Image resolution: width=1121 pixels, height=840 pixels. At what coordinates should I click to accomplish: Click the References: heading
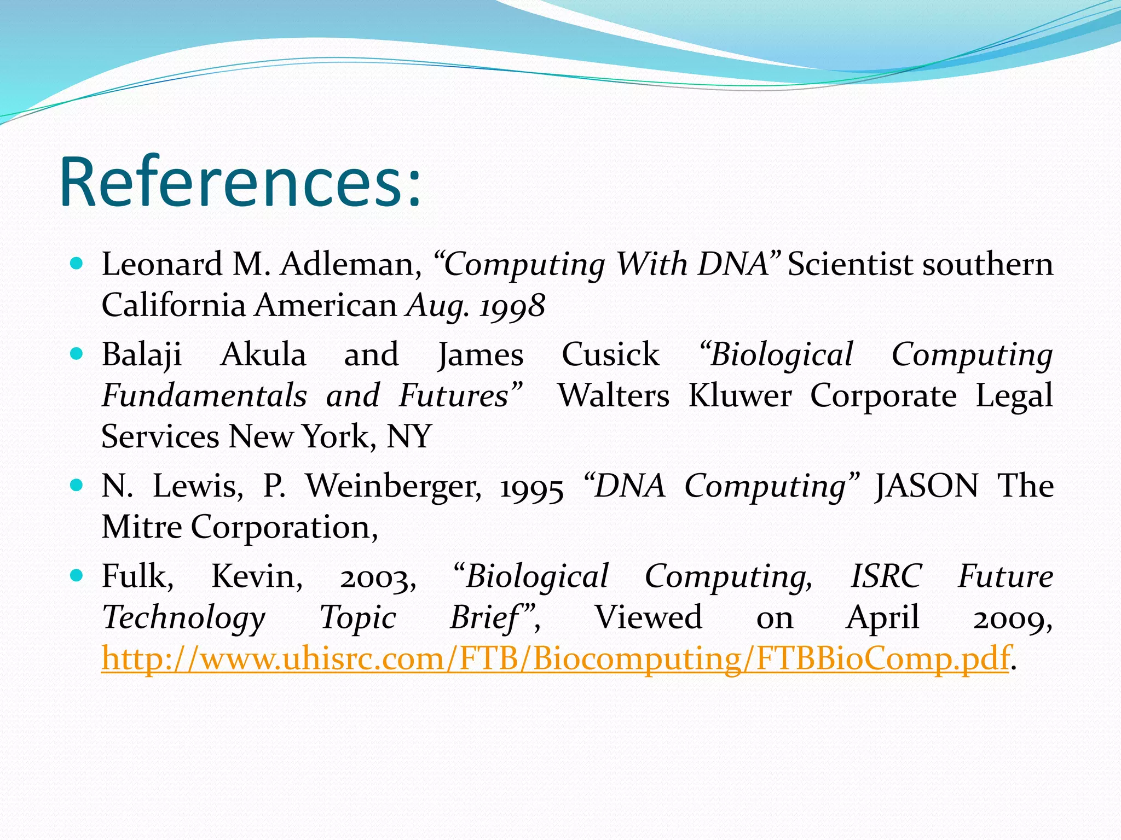tap(241, 183)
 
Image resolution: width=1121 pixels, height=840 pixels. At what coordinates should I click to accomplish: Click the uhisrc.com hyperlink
tap(554, 658)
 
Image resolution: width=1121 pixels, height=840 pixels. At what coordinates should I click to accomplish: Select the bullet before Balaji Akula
tap(77, 354)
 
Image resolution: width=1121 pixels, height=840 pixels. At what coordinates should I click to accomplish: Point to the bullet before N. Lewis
tap(77, 485)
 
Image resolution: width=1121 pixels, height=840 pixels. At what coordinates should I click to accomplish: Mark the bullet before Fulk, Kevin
tap(77, 575)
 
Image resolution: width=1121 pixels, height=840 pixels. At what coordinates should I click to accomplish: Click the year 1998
tap(512, 306)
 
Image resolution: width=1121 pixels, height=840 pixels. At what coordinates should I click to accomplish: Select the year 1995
tap(531, 487)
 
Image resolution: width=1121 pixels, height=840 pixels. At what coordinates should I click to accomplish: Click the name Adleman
tap(350, 265)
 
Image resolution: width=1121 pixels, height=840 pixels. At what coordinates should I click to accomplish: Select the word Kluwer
tap(739, 396)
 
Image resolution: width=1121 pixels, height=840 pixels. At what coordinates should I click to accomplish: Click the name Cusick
tap(610, 355)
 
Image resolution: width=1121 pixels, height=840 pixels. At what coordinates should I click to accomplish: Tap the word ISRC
tap(886, 576)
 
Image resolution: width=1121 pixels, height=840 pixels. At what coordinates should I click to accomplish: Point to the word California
tap(174, 305)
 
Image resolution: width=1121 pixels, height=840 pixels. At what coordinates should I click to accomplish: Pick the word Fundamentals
tap(204, 396)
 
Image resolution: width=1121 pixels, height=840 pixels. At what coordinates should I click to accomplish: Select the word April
tap(882, 618)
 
